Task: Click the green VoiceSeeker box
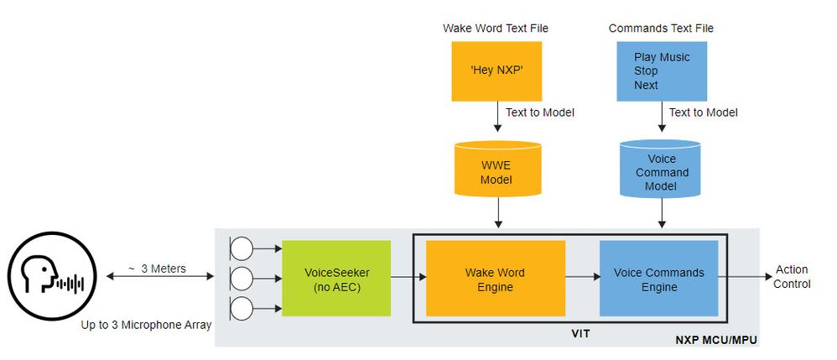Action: coord(336,278)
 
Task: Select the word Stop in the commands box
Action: coord(646,71)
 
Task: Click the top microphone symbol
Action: coord(242,248)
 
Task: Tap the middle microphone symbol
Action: coord(242,279)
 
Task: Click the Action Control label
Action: coord(792,277)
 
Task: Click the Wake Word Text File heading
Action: coord(496,29)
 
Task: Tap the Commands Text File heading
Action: coord(661,29)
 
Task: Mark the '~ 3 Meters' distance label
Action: coord(156,269)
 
